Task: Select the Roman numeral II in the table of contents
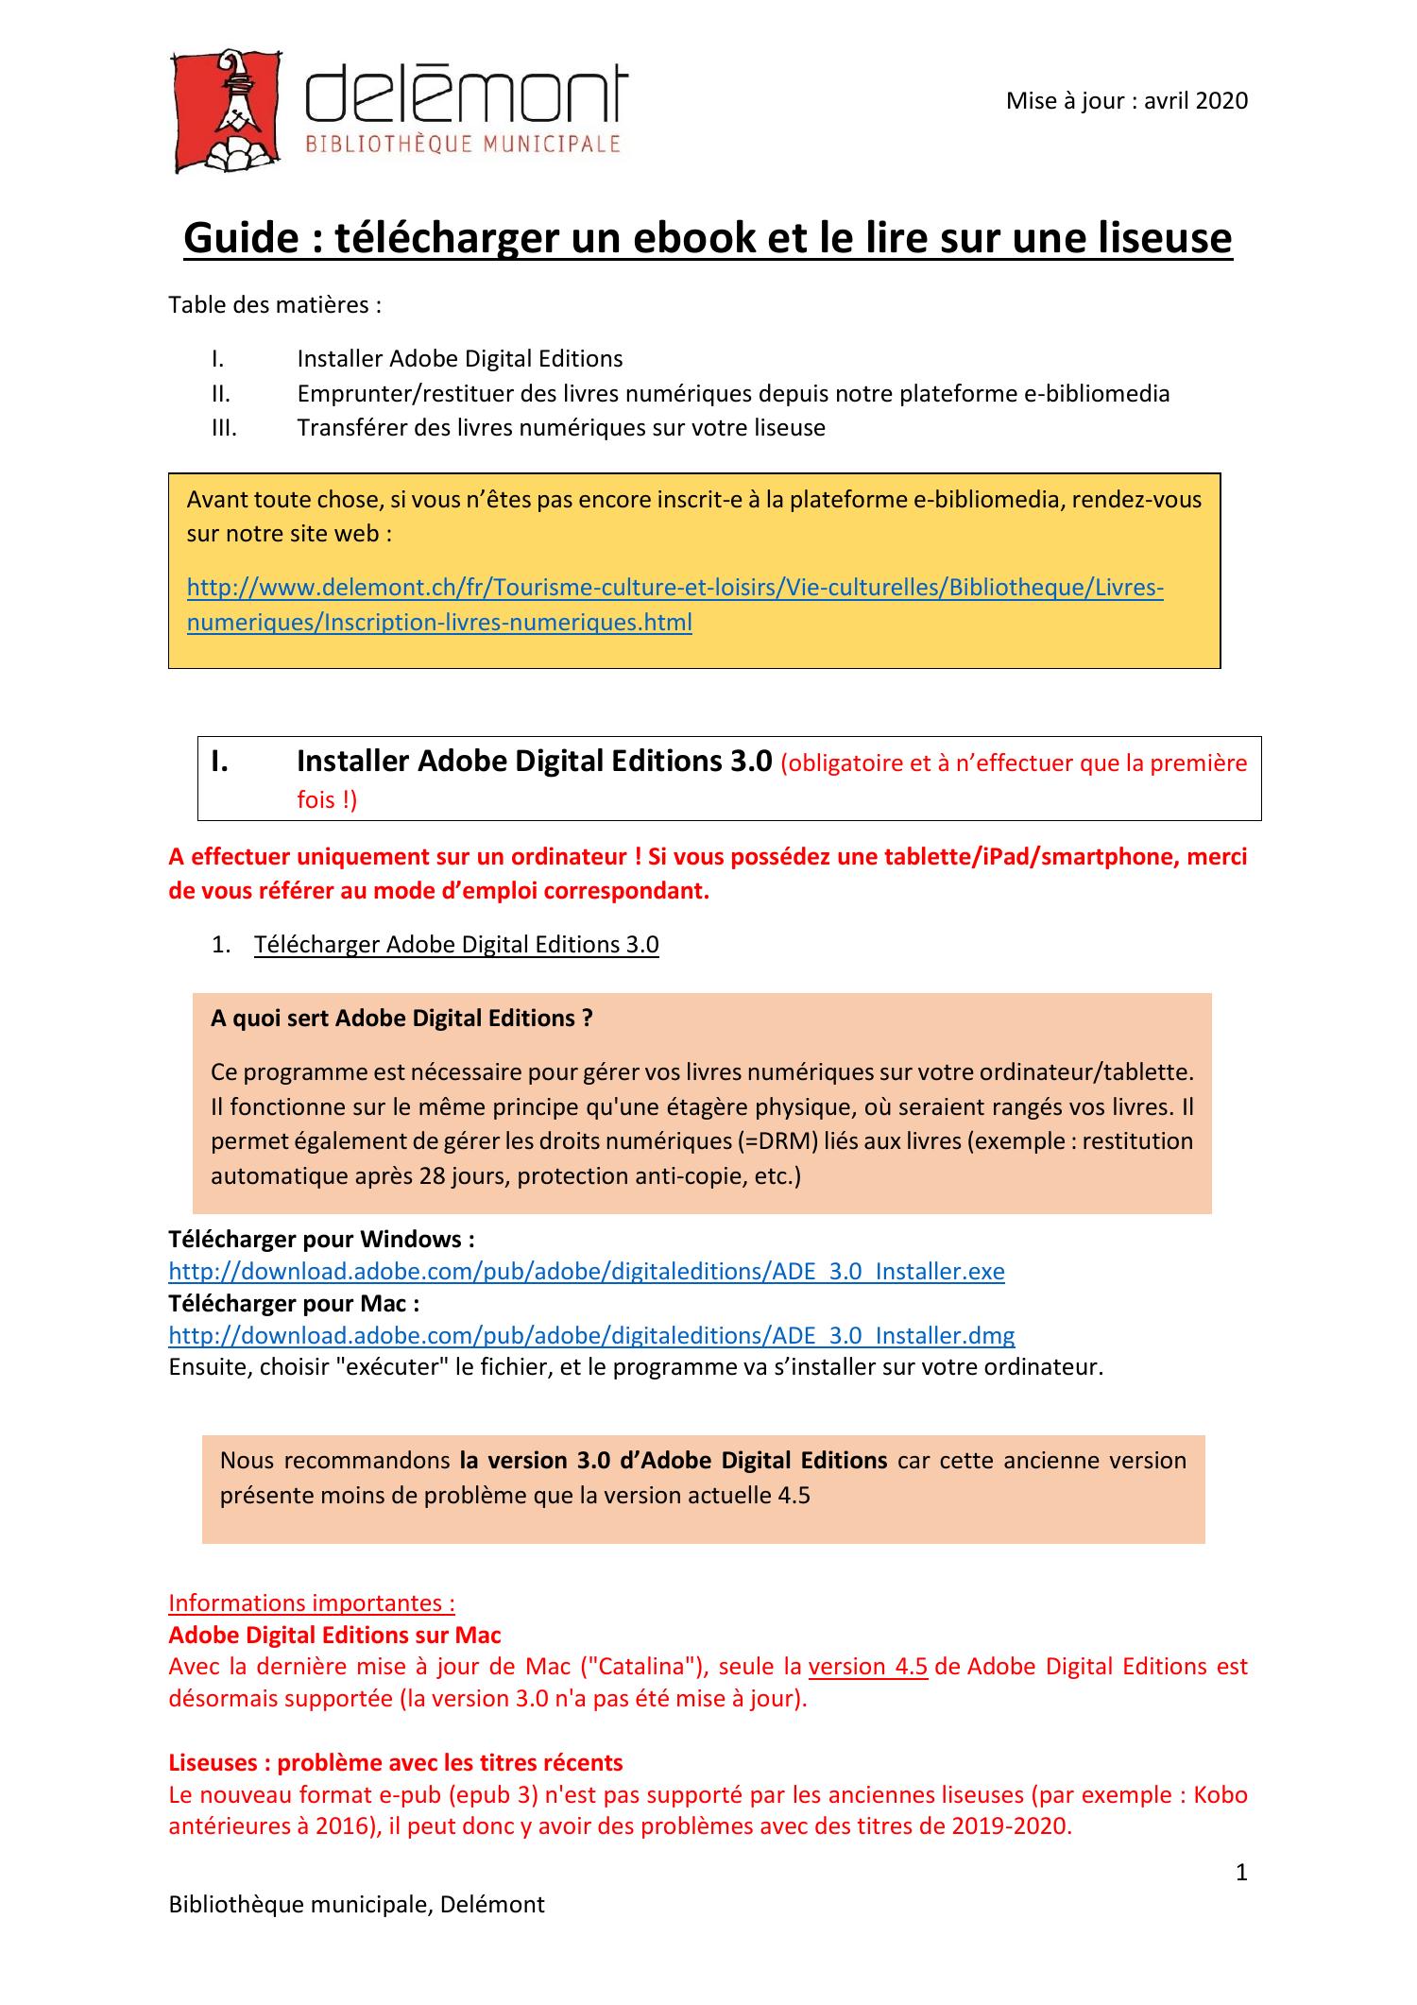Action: [x=221, y=393]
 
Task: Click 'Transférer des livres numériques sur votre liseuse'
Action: [x=560, y=428]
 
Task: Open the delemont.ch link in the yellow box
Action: [x=674, y=589]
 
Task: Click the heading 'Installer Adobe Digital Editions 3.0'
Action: [x=534, y=761]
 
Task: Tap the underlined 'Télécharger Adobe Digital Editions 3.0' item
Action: [x=456, y=945]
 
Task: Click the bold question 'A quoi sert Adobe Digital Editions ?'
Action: [x=401, y=1018]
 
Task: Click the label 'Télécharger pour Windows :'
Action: [x=321, y=1239]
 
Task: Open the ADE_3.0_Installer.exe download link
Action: [x=586, y=1271]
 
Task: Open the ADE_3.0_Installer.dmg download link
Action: [x=590, y=1335]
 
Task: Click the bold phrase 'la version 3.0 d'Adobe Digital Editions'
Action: [x=673, y=1460]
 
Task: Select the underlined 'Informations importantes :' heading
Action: [x=312, y=1602]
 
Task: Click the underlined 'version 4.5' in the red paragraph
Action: [x=867, y=1666]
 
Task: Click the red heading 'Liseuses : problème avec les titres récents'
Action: [x=395, y=1762]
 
